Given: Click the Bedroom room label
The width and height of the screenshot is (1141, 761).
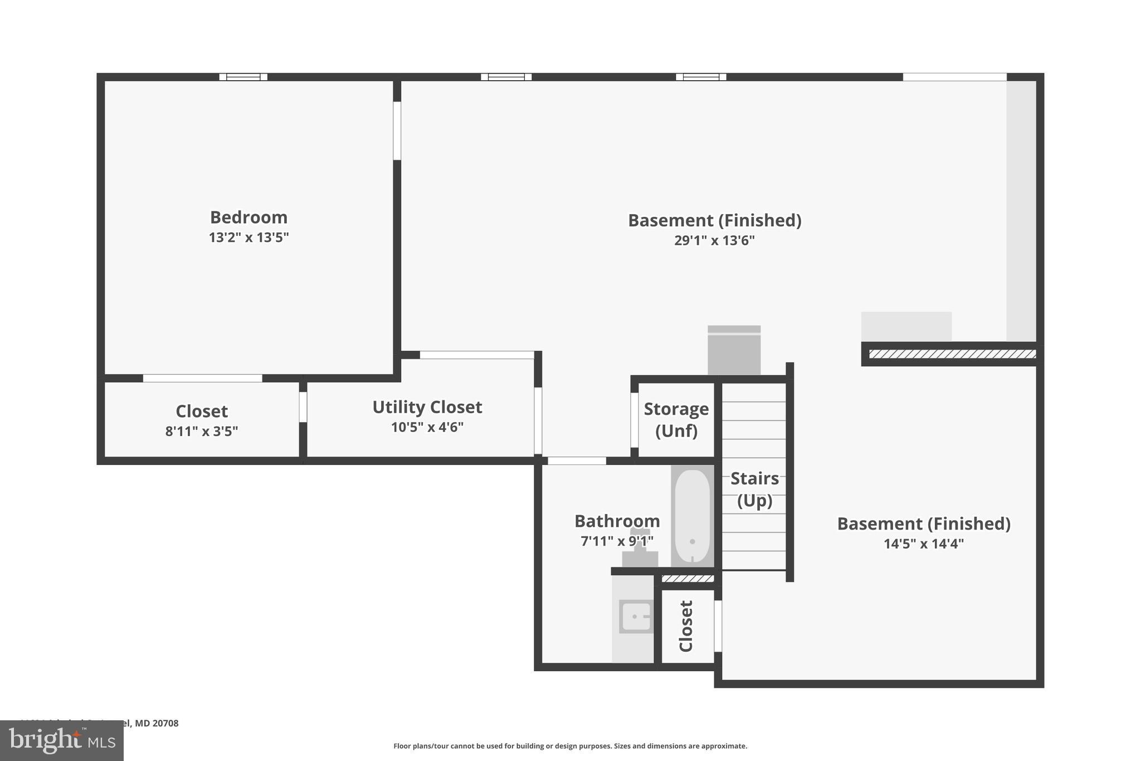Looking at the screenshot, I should pos(248,217).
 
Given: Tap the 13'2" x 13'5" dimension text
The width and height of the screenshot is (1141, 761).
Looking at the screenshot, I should pos(248,237).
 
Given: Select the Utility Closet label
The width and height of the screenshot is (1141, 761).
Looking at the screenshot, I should pos(427,407).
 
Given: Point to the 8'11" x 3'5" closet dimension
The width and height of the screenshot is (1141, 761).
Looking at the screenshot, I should pos(202,431).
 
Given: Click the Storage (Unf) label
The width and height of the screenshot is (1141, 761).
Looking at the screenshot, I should pos(676,419).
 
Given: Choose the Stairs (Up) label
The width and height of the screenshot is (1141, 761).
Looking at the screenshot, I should pos(754,489).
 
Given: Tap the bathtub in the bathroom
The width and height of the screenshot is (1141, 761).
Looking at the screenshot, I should pos(692,516).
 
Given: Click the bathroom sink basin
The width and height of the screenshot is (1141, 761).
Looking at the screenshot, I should pos(636,617).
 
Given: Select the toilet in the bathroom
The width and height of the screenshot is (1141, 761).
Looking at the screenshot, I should pos(640,549).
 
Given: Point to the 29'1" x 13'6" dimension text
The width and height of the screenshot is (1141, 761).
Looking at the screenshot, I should pos(714,240).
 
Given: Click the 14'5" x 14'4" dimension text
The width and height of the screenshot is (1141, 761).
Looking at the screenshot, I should pos(923,544).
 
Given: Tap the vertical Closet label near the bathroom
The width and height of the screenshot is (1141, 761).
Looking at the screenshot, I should pos(686,626).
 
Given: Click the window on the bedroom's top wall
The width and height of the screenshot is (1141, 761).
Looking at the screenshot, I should pos(243,77).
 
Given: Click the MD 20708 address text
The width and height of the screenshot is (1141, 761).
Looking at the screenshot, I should pos(157,723).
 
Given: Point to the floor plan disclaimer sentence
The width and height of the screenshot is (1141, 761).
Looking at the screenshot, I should pos(570,746).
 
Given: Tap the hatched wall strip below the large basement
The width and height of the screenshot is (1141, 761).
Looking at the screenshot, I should pos(952,354).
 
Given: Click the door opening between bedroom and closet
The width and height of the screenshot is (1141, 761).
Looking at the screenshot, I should pos(202,378).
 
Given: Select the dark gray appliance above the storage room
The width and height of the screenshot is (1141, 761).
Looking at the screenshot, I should pos(734,350).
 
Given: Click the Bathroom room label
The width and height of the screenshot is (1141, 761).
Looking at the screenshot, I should pos(617,521).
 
